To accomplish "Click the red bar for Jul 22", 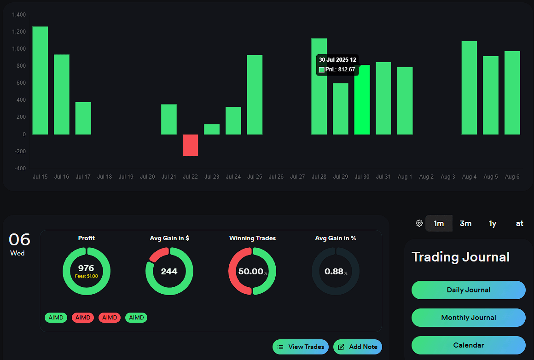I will click(x=190, y=145).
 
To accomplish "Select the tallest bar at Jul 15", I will click(x=40, y=81).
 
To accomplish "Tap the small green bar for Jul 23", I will click(x=212, y=129).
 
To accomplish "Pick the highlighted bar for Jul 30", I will click(x=362, y=100).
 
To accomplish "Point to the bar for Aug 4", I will click(x=469, y=87).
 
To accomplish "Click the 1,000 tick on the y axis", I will click(x=19, y=49).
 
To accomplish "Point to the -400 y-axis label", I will click(x=20, y=168).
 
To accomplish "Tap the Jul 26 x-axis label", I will click(x=276, y=177).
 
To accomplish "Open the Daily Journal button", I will click(x=468, y=290).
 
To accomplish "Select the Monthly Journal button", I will click(x=468, y=318).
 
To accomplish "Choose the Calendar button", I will click(x=468, y=345).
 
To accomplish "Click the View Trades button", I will click(x=301, y=347).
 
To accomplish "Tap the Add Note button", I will click(x=357, y=347).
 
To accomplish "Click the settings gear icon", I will click(x=419, y=223).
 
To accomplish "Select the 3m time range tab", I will click(x=465, y=223).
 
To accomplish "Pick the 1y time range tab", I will click(x=493, y=223).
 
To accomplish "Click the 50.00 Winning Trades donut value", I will click(x=250, y=272).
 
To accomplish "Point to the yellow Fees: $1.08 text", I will click(x=86, y=276).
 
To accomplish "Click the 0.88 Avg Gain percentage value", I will click(x=334, y=272).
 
